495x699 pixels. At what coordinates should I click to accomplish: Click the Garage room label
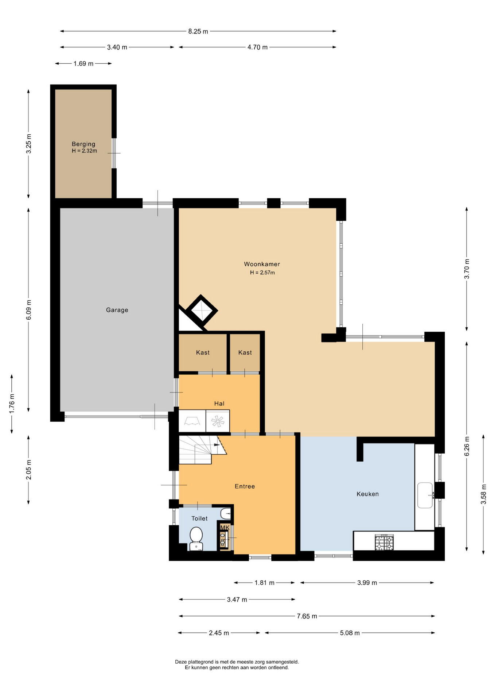click(x=117, y=310)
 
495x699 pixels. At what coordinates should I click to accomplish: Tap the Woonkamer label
click(x=262, y=264)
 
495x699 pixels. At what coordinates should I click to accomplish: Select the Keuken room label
click(x=367, y=494)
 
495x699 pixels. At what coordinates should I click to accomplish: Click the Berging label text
click(x=83, y=144)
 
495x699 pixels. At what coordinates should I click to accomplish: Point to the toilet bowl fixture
click(x=196, y=538)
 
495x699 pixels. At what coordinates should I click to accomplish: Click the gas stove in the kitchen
click(x=384, y=542)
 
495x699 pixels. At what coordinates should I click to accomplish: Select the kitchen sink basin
click(x=425, y=495)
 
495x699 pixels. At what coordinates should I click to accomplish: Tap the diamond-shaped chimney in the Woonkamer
click(x=202, y=311)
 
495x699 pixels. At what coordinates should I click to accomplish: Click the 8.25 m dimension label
click(x=198, y=31)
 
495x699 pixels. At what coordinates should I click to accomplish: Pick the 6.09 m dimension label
click(x=29, y=310)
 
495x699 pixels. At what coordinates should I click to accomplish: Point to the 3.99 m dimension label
click(x=367, y=583)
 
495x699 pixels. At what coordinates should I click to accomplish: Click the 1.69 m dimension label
click(x=83, y=64)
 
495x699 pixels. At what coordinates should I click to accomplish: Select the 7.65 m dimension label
click(x=307, y=616)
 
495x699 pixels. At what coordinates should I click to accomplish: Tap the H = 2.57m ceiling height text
click(x=262, y=272)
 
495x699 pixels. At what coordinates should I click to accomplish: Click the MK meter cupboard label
click(x=225, y=528)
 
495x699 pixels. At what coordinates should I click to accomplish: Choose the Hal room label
click(x=219, y=403)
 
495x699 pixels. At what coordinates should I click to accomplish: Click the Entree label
click(x=245, y=486)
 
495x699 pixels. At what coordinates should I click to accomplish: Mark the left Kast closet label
click(x=203, y=352)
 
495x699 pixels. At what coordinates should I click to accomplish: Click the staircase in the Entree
click(x=202, y=450)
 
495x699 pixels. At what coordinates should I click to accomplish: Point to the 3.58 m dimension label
click(x=484, y=494)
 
